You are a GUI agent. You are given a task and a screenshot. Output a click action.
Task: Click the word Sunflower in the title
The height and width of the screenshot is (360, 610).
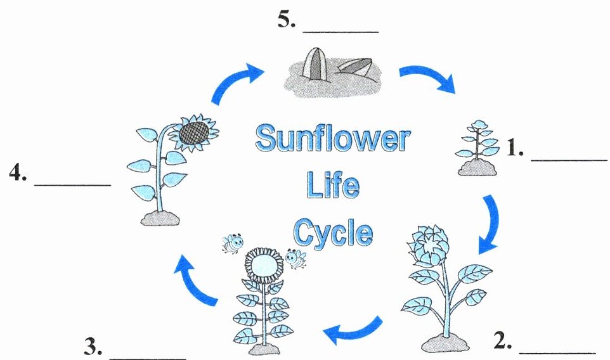pos(332,139)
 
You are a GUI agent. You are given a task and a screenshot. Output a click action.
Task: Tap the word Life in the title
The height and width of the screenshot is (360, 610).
pos(332,186)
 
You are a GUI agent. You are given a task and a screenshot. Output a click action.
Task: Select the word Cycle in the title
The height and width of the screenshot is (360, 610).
pos(332,233)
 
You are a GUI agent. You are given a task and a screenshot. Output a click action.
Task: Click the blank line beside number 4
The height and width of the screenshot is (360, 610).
pos(72,184)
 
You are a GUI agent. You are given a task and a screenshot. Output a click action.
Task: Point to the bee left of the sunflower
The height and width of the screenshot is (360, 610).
pos(232,242)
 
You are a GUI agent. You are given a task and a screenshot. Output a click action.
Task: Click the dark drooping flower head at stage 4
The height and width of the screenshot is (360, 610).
pos(193,132)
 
